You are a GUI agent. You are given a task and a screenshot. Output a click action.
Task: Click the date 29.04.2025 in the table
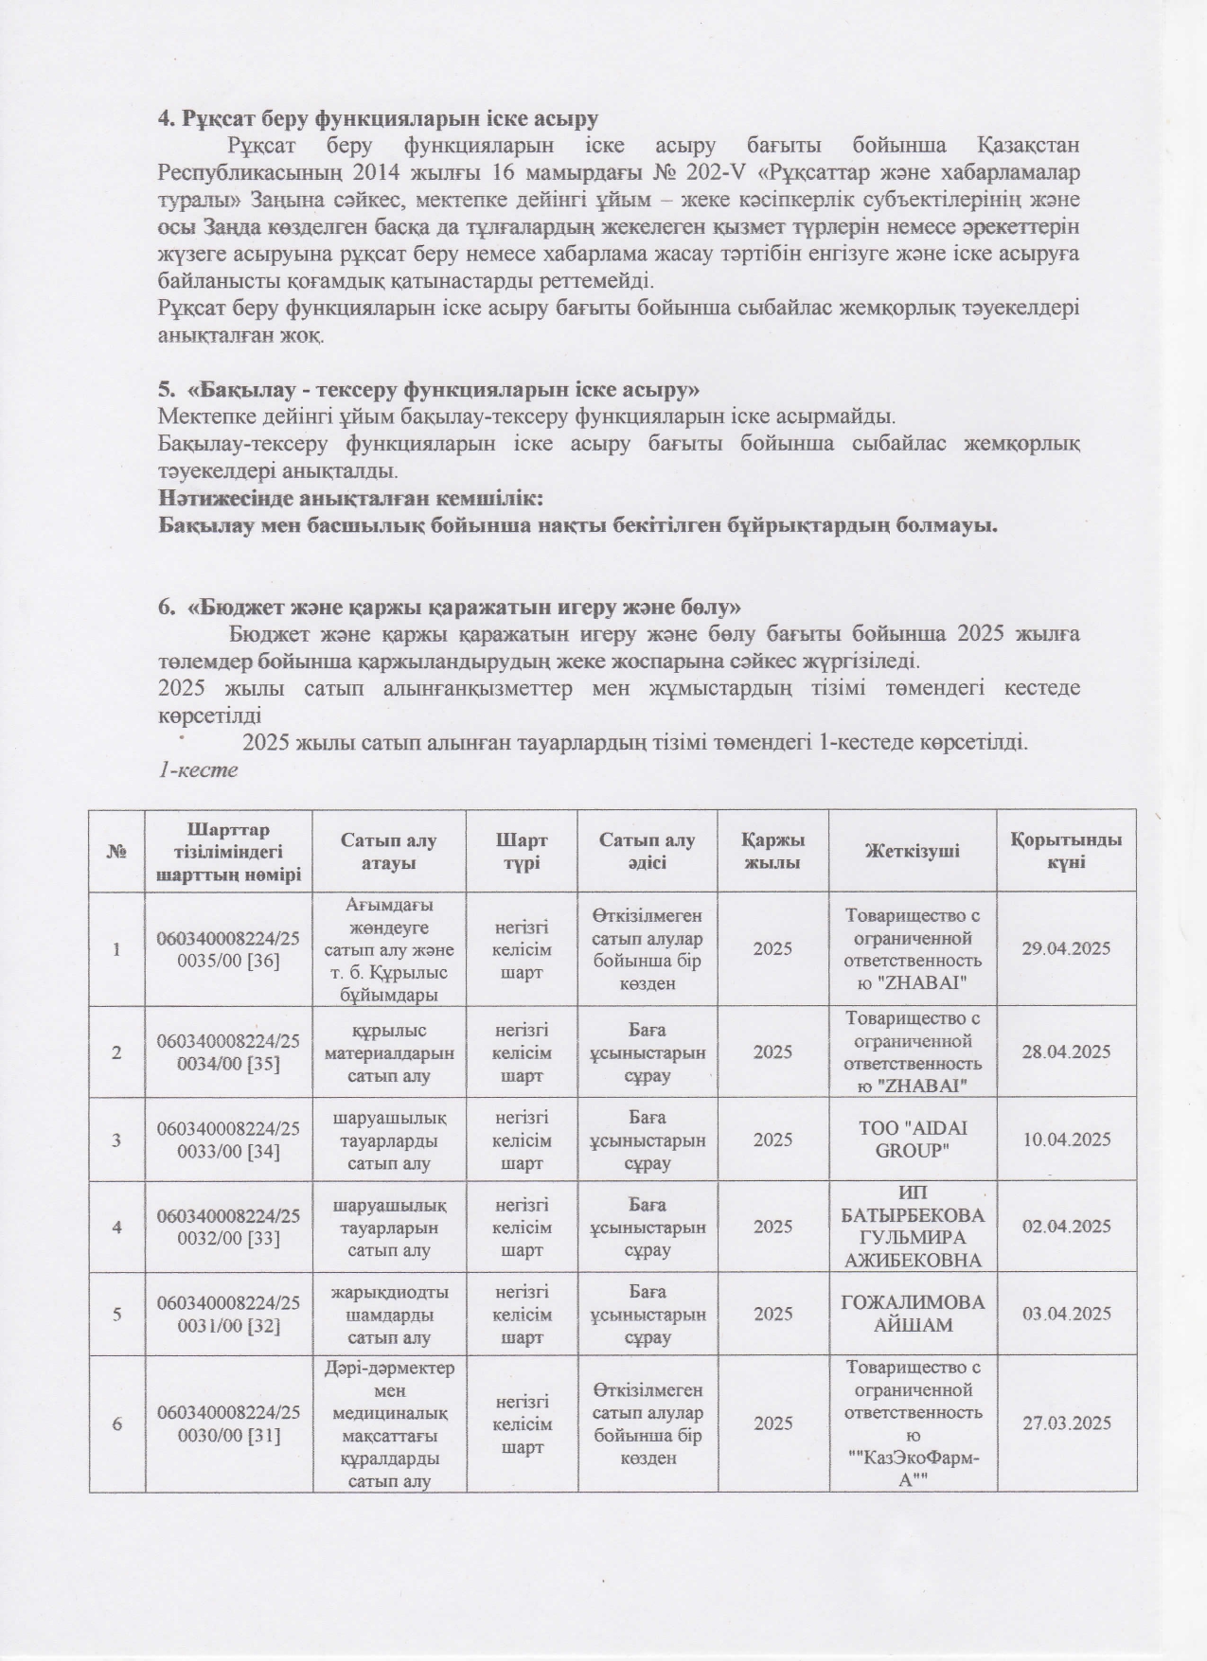1066,948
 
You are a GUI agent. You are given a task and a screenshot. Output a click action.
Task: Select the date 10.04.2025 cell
1066,1140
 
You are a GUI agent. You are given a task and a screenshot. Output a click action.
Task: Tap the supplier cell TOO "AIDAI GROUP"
913,1140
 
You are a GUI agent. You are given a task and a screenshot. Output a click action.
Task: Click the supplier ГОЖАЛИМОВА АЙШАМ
913,1314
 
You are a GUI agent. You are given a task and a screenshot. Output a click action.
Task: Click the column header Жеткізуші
913,851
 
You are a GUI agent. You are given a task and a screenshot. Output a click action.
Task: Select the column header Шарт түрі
522,851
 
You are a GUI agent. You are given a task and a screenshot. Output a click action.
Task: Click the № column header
117,851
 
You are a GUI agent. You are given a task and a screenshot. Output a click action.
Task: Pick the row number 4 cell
117,1227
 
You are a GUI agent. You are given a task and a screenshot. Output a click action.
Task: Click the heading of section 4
378,119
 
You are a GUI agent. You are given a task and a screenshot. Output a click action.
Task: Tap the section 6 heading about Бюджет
450,605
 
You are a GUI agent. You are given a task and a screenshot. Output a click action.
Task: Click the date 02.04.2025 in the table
1066,1227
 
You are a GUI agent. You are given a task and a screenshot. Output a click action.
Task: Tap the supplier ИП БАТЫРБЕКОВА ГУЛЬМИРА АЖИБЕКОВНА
913,1227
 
